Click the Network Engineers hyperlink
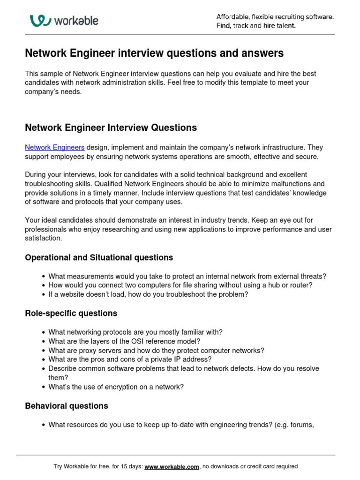pos(54,148)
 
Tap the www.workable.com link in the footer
pos(172,466)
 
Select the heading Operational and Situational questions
pos(99,258)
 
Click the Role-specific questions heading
pos(71,313)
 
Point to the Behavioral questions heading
pos(66,406)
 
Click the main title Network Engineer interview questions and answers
pos(154,54)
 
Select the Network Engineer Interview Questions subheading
pos(111,128)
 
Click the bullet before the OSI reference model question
pos(43,341)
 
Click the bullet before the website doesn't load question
pos(43,295)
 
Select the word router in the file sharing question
pos(302,285)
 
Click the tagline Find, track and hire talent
pos(255,26)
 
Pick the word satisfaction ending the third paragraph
pos(43,238)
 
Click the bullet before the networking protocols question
pos(43,332)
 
